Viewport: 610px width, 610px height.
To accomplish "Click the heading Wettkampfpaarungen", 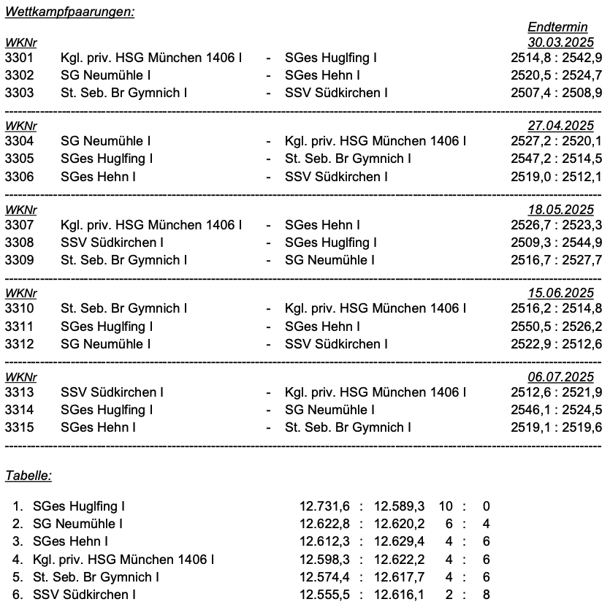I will pyautogui.click(x=69, y=12).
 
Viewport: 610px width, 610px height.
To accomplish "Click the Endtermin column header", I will pyautogui.click(x=557, y=28).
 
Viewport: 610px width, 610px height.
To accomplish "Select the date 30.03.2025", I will pyautogui.click(x=560, y=42).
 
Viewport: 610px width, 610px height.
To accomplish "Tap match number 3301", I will pyautogui.click(x=19, y=58).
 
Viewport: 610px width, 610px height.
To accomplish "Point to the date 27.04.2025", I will pyautogui.click(x=560, y=126).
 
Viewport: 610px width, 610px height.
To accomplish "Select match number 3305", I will pyautogui.click(x=19, y=159).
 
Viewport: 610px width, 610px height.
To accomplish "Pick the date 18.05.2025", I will pyautogui.click(x=560, y=210).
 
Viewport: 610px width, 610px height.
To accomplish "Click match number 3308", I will pyautogui.click(x=19, y=243).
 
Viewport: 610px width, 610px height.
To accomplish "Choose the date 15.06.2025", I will pyautogui.click(x=560, y=293).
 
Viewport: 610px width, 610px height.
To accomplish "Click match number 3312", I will pyautogui.click(x=19, y=344).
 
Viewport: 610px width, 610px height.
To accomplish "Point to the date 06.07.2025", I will pyautogui.click(x=560, y=377).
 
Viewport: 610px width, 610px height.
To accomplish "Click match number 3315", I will pyautogui.click(x=19, y=427).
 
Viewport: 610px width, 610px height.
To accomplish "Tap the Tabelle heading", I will pyautogui.click(x=28, y=476).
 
